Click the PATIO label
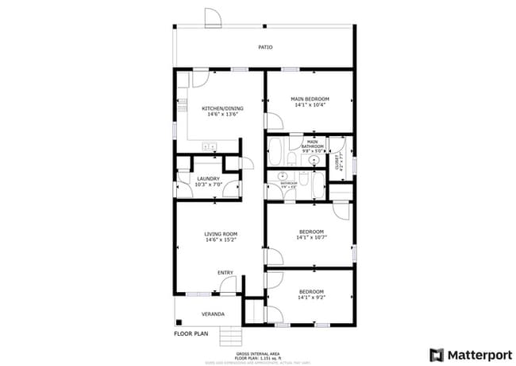265,48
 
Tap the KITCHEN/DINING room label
221,108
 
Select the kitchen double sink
210,146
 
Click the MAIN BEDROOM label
310,99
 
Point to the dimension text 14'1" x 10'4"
310,105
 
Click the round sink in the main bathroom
314,160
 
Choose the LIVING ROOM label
221,233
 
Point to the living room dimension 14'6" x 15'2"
221,239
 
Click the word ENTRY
225,273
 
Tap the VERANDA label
211,313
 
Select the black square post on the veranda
179,322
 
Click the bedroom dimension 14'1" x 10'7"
310,237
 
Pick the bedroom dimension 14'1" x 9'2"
310,298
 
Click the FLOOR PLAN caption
191,333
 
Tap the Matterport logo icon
436,353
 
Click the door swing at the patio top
212,18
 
